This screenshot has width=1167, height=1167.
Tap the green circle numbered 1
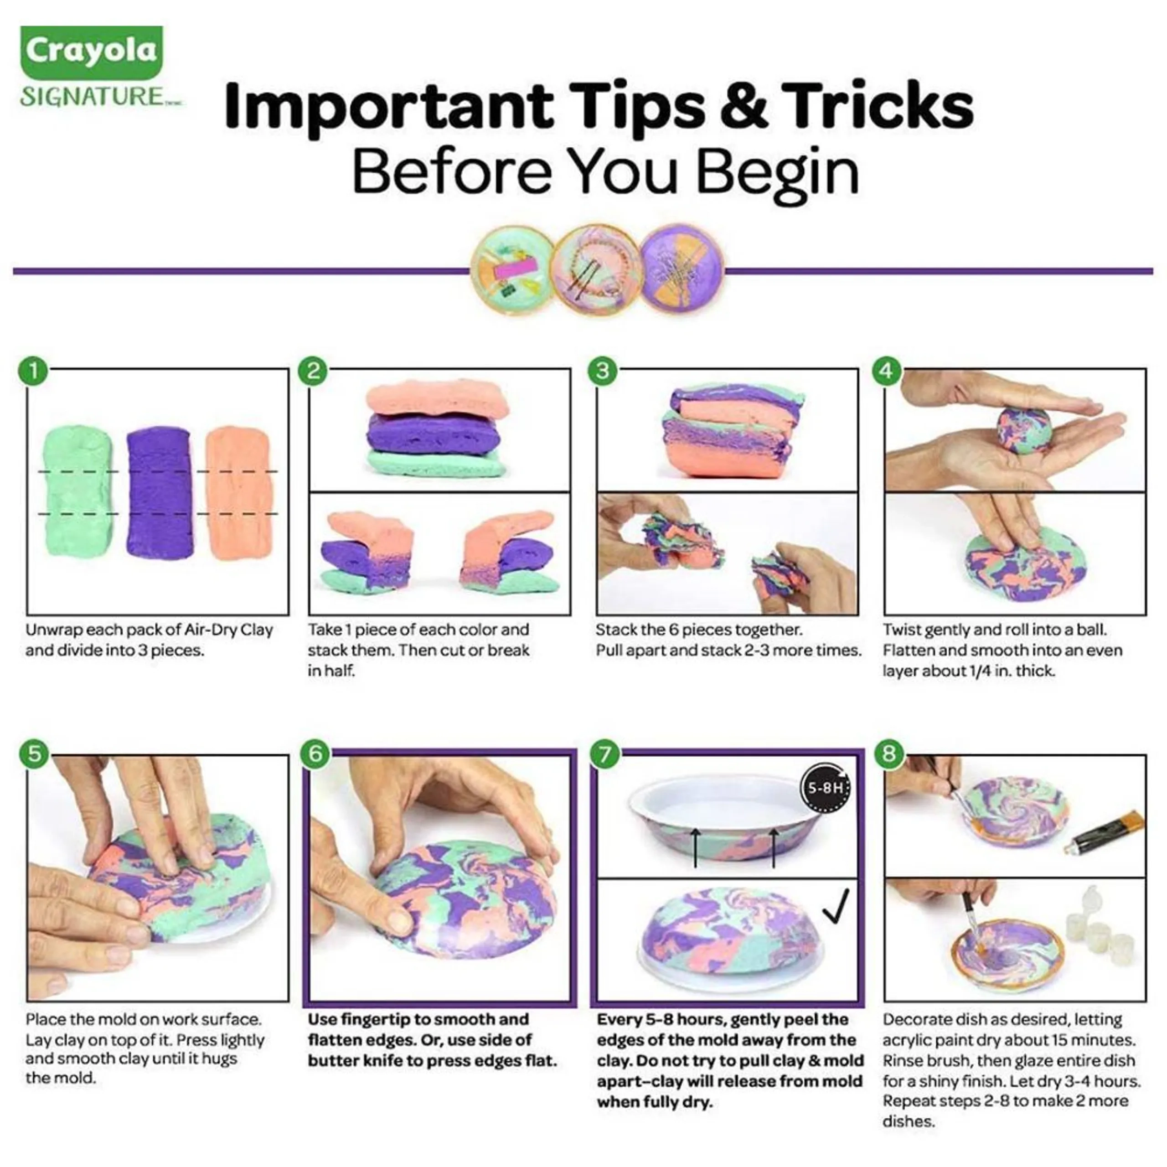coord(34,370)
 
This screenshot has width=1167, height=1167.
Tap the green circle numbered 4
coord(886,370)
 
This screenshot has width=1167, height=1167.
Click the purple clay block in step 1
coord(160,492)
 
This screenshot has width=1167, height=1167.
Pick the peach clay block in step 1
coord(238,492)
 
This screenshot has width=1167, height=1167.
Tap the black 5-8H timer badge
coord(825,788)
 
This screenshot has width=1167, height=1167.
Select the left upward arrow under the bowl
coord(695,847)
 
